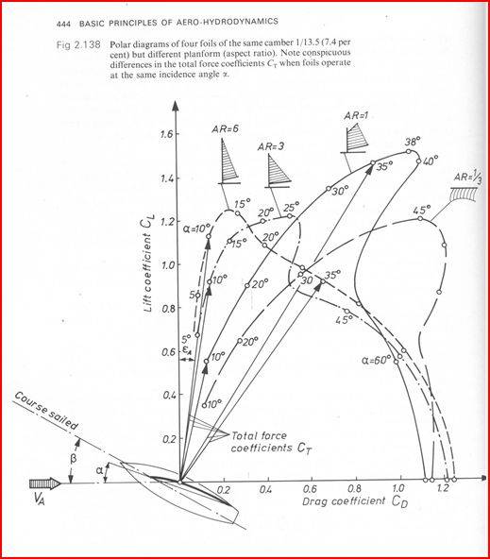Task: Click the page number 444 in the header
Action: pos(64,24)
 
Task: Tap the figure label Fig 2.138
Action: pos(78,45)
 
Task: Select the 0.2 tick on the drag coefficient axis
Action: pos(223,489)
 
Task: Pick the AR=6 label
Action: pos(225,129)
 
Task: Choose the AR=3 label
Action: pos(271,146)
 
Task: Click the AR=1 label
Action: pos(356,115)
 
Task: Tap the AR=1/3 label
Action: pos(468,177)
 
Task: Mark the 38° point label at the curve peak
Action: pos(413,142)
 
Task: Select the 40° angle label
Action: pos(431,161)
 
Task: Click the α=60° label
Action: pos(377,360)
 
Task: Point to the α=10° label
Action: pos(197,229)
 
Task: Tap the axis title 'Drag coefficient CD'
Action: pos(355,501)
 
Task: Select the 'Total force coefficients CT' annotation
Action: pos(271,442)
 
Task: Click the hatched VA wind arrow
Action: pos(45,483)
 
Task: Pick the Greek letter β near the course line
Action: pos(73,459)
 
